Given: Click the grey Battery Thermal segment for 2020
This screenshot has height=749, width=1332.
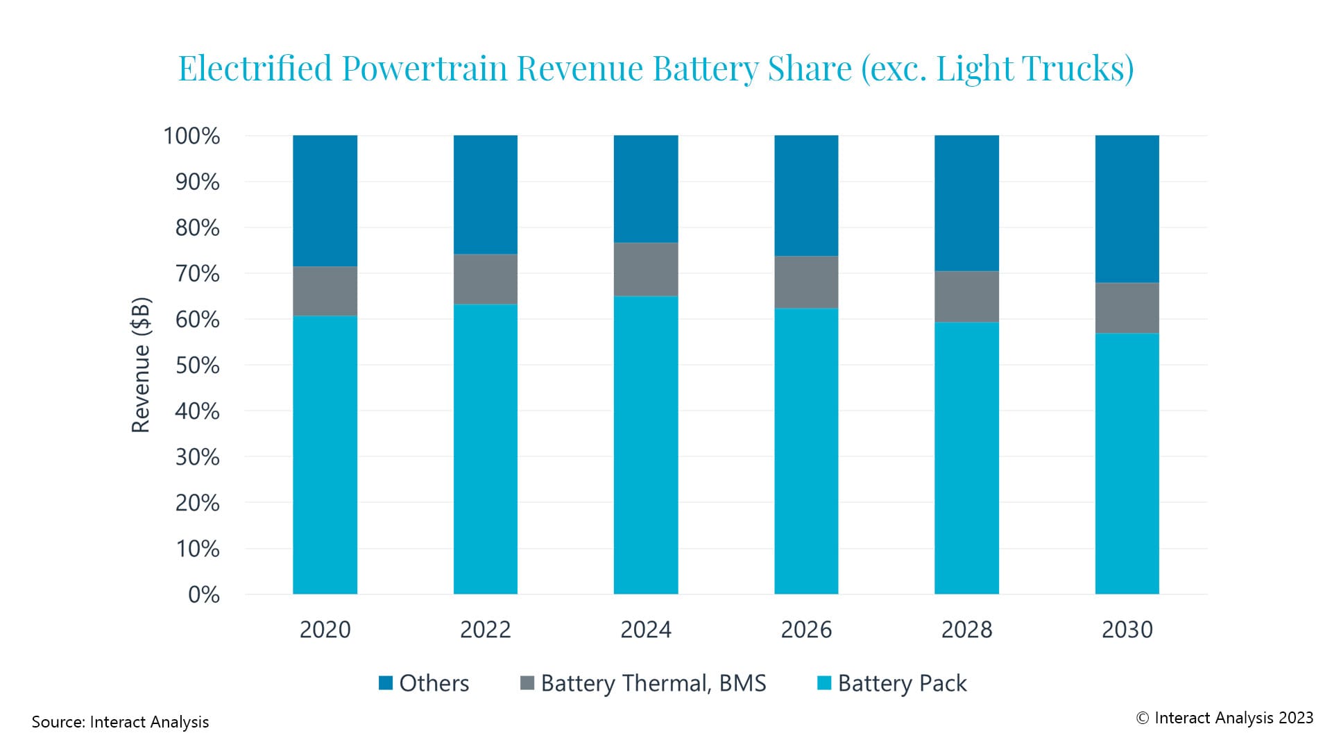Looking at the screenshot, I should (x=325, y=291).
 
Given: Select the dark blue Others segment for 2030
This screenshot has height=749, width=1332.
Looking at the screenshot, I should (x=1127, y=208).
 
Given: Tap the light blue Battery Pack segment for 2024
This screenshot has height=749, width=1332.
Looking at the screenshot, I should (x=645, y=444).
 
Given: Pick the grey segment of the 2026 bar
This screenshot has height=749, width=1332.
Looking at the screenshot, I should (x=806, y=282).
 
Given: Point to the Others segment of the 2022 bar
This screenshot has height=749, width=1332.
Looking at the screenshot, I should (x=485, y=194).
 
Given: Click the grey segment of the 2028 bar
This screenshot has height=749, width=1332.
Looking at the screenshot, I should (x=966, y=297).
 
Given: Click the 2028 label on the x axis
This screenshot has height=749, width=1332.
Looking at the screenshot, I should (x=966, y=629).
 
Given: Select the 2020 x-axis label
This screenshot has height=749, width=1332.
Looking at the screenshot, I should (x=325, y=629).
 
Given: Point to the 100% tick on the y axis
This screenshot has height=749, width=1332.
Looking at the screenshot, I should (x=191, y=136).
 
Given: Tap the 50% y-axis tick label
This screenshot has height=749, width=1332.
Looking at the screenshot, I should (x=197, y=365).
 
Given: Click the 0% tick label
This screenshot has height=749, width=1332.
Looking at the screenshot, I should (x=203, y=594).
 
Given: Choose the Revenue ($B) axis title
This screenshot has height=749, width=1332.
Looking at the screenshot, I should (x=141, y=365).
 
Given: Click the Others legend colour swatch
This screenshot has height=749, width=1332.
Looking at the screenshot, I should (x=386, y=683).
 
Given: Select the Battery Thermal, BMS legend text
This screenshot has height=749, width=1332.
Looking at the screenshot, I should (x=653, y=683).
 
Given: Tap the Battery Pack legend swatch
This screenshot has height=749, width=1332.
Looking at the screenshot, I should (x=824, y=683).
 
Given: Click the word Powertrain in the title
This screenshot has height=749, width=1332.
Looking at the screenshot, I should (x=425, y=69).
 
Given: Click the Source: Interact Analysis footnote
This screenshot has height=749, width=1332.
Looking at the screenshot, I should (x=120, y=722).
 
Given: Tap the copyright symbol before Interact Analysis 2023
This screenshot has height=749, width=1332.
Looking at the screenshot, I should (x=1143, y=718).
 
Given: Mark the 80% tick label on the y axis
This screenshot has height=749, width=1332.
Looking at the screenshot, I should (x=197, y=227).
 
